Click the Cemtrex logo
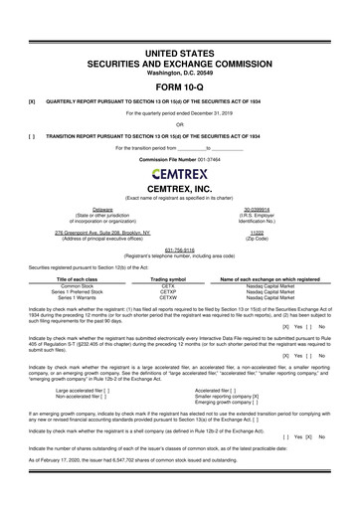pyautogui.click(x=179, y=172)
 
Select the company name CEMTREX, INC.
pyautogui.click(x=179, y=187)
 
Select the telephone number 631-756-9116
pyautogui.click(x=179, y=250)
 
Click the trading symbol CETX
pyautogui.click(x=168, y=284)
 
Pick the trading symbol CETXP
pyautogui.click(x=168, y=290)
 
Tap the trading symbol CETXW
pyautogui.click(x=168, y=296)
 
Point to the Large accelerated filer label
pyautogui.click(x=80, y=391)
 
